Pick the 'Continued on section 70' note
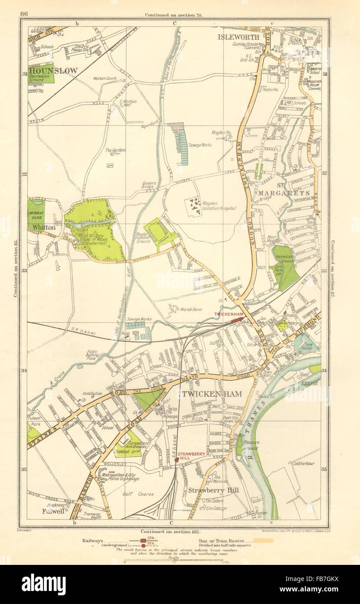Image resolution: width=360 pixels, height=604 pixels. (173, 14)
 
